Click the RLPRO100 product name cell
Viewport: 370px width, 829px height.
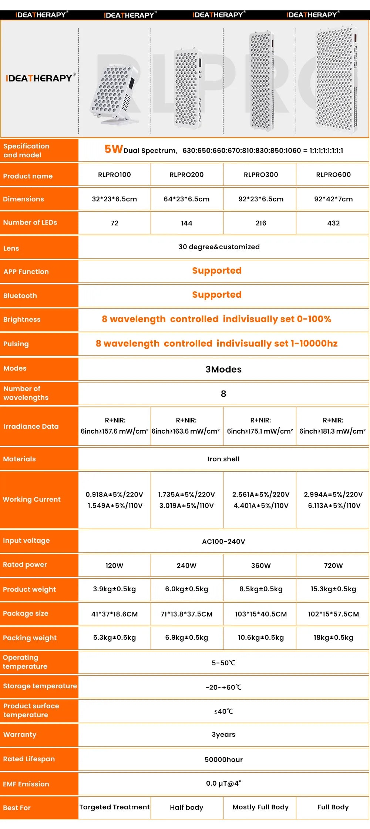click(114, 175)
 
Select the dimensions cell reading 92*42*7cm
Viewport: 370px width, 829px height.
click(333, 199)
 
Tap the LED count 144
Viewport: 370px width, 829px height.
click(186, 223)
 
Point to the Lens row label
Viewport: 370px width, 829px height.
click(11, 248)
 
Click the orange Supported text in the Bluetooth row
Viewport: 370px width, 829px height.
click(217, 295)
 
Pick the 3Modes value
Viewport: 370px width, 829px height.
click(223, 370)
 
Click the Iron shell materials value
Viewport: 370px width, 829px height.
click(223, 459)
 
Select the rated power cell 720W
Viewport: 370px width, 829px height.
click(333, 566)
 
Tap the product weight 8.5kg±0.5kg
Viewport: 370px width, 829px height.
click(261, 589)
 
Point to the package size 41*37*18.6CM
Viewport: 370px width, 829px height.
click(114, 614)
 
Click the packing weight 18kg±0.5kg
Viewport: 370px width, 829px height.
click(333, 638)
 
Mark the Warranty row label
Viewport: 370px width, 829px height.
click(20, 735)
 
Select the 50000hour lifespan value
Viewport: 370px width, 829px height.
click(223, 760)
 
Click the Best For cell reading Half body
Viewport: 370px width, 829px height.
click(186, 808)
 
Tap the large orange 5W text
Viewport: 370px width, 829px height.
click(113, 149)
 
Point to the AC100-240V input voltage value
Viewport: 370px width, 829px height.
click(223, 542)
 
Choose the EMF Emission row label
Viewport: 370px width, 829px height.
click(26, 784)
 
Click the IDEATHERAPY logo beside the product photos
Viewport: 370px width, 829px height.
click(40, 78)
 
